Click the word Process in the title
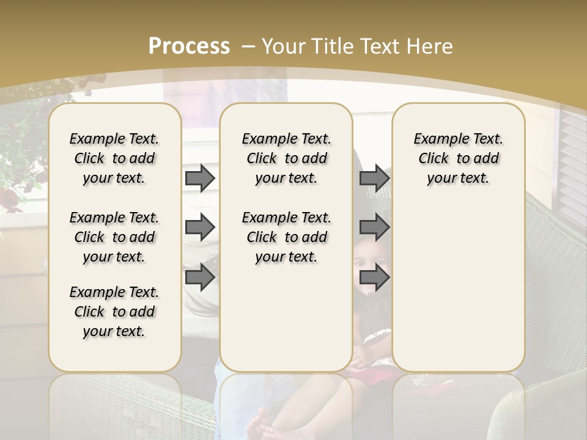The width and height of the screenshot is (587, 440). pos(189,46)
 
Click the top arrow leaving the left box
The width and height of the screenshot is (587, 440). pos(200,178)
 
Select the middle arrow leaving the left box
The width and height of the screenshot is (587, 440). pos(200,227)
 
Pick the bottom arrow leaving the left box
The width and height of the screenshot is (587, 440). pos(200,277)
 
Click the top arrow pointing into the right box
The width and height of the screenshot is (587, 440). pos(374,178)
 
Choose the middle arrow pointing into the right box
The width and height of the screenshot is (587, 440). pos(374,227)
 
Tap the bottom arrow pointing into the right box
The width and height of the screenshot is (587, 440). pos(374,277)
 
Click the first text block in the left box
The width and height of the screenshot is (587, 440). pos(114,158)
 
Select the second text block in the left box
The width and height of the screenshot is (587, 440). pos(114,237)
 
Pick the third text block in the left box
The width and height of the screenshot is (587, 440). pos(114,312)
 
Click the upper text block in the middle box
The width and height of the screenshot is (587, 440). pos(286,158)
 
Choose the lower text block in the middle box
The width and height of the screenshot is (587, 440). pos(286,237)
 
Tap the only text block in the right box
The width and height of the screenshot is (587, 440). pos(458,158)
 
